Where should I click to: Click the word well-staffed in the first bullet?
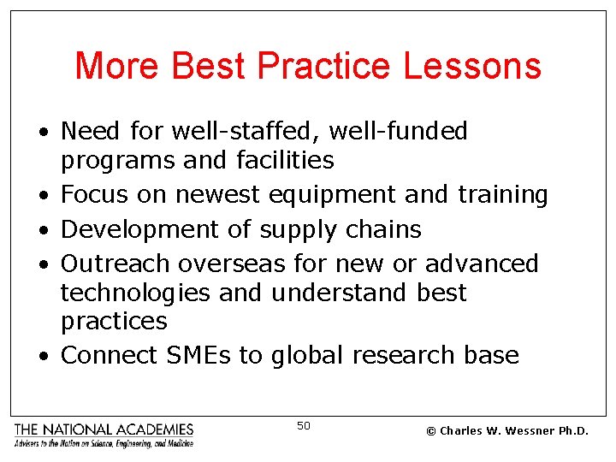point(252,132)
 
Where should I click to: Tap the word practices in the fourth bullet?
point(114,322)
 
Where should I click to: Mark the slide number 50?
point(304,425)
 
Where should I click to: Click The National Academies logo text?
point(104,429)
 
